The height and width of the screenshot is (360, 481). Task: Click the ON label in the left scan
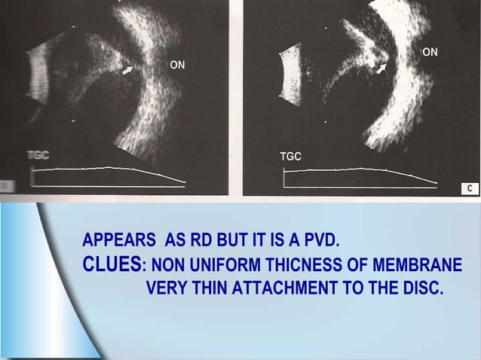(177, 66)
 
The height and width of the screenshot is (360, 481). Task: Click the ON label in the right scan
(430, 52)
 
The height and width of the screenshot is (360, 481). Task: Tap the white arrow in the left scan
(129, 69)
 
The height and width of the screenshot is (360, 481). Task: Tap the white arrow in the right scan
(381, 69)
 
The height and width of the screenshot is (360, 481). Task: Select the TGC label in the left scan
(38, 156)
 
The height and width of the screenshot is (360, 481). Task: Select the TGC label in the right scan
(290, 157)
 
